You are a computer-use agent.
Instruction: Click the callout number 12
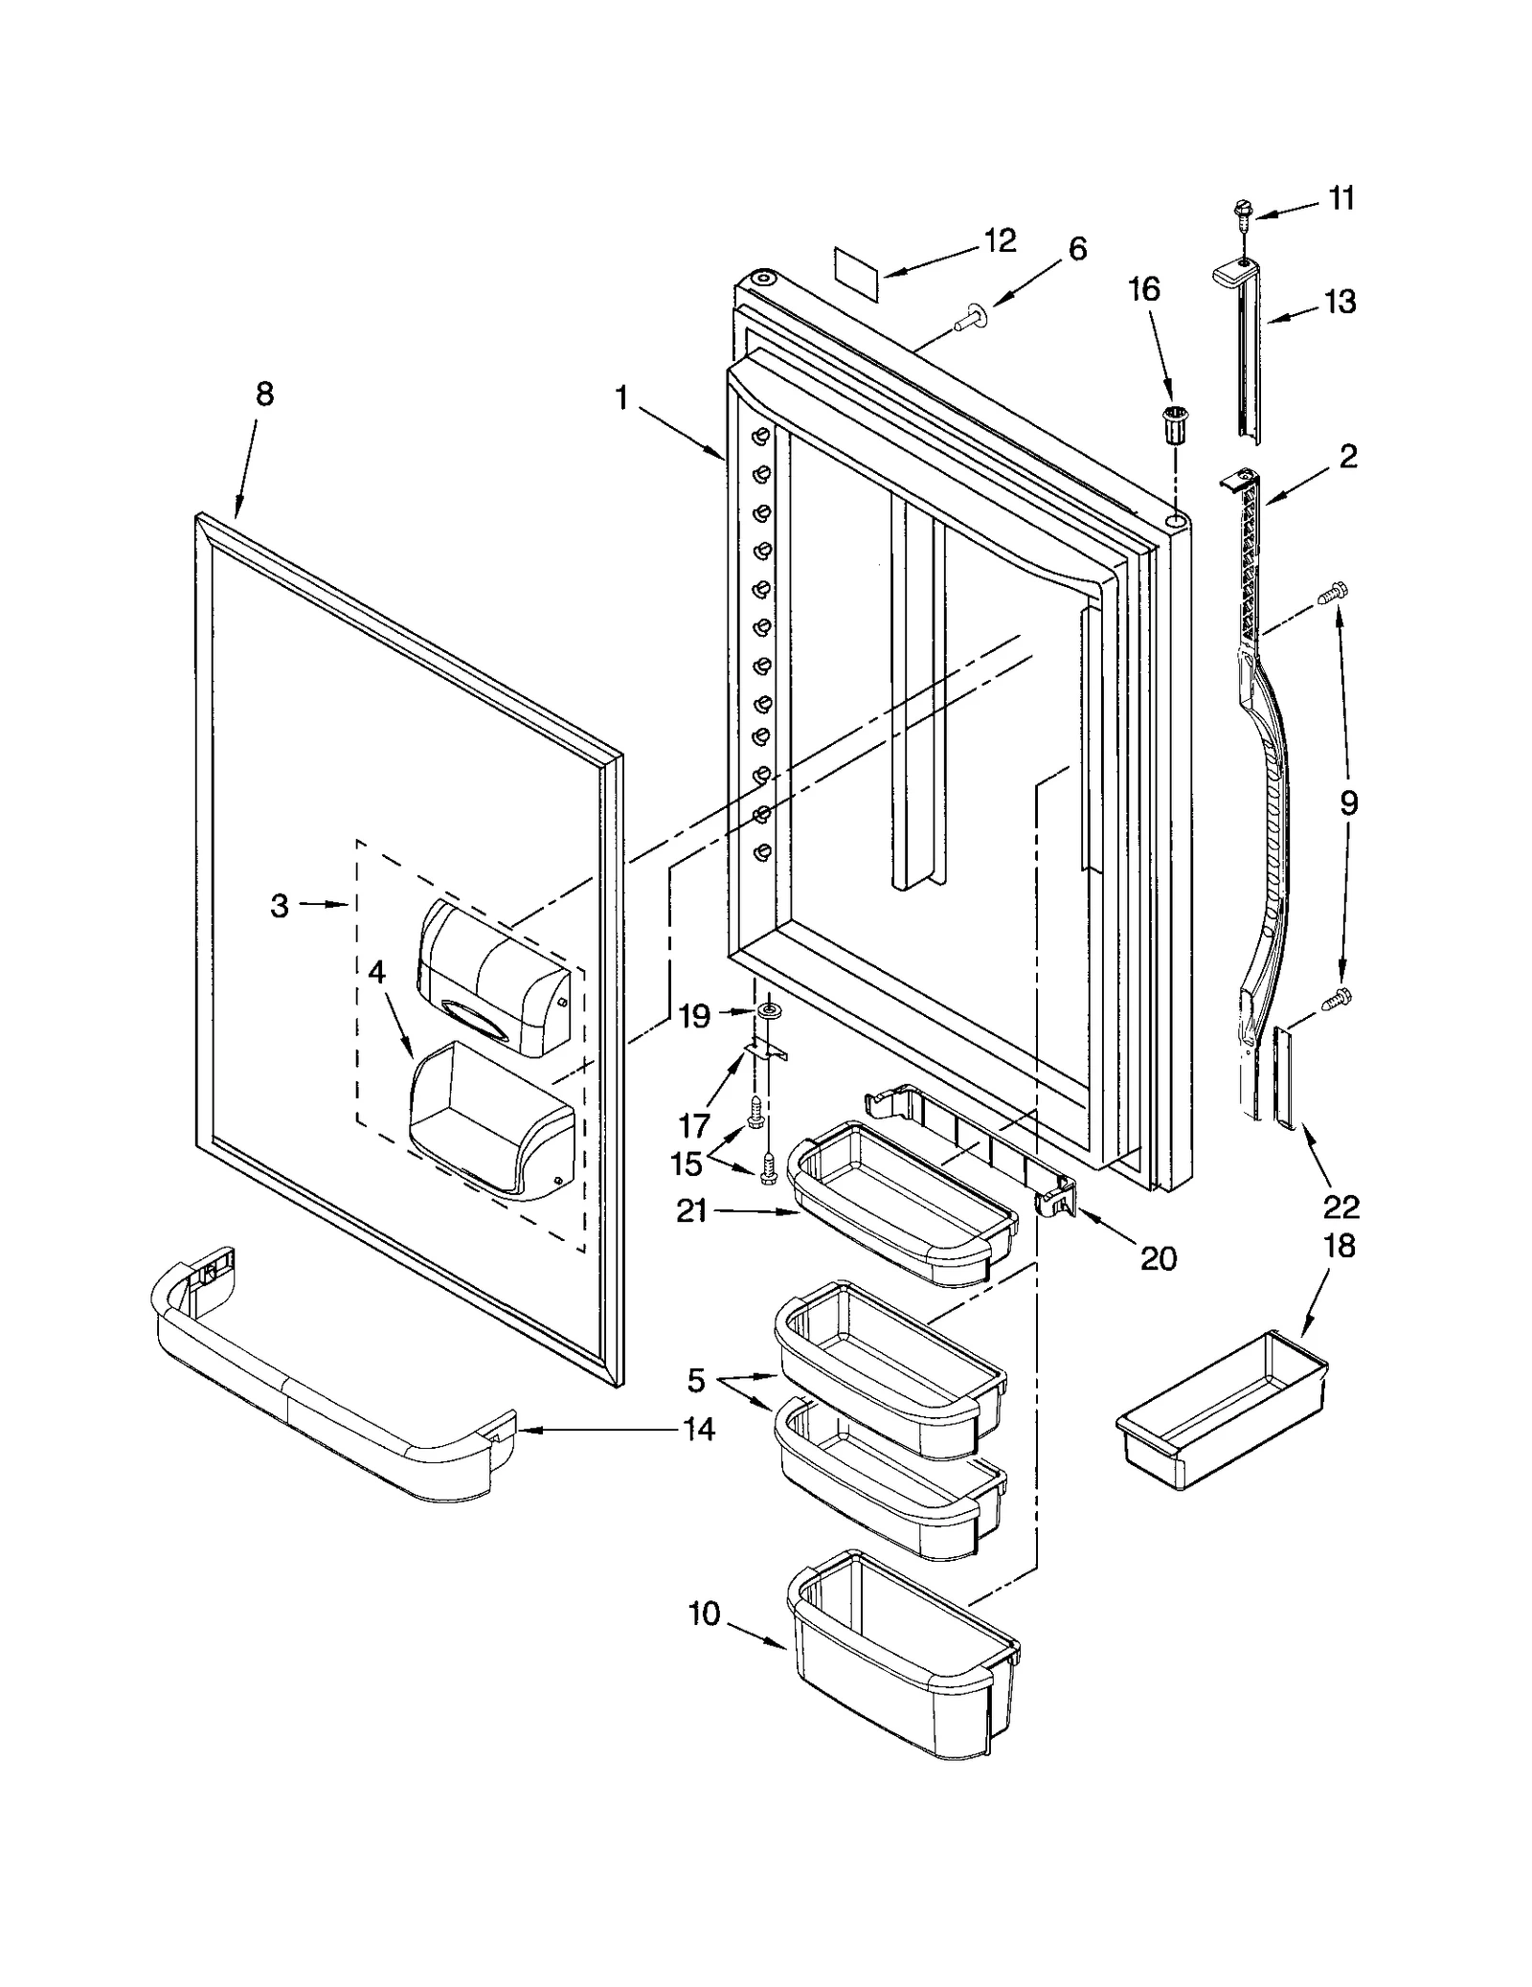(1000, 240)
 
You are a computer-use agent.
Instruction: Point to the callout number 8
(264, 394)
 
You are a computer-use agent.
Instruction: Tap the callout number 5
(696, 1380)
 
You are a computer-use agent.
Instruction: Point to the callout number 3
(279, 905)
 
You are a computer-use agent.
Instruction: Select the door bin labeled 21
(900, 1203)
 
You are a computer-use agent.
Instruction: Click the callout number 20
(1159, 1257)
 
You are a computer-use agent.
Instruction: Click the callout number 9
(1348, 802)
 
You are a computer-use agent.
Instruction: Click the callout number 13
(1340, 302)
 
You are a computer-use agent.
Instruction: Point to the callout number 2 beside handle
(1347, 456)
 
